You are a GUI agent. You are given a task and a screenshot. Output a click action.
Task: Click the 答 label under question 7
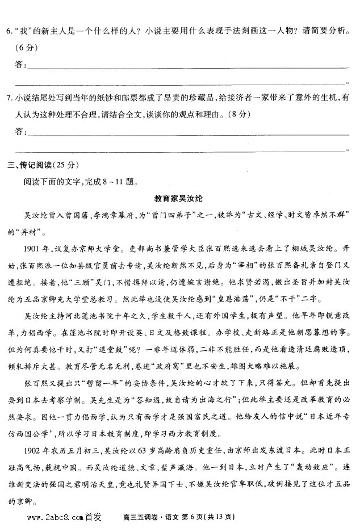coord(21,132)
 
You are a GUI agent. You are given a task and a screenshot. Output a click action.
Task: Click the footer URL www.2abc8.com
coord(55,517)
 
